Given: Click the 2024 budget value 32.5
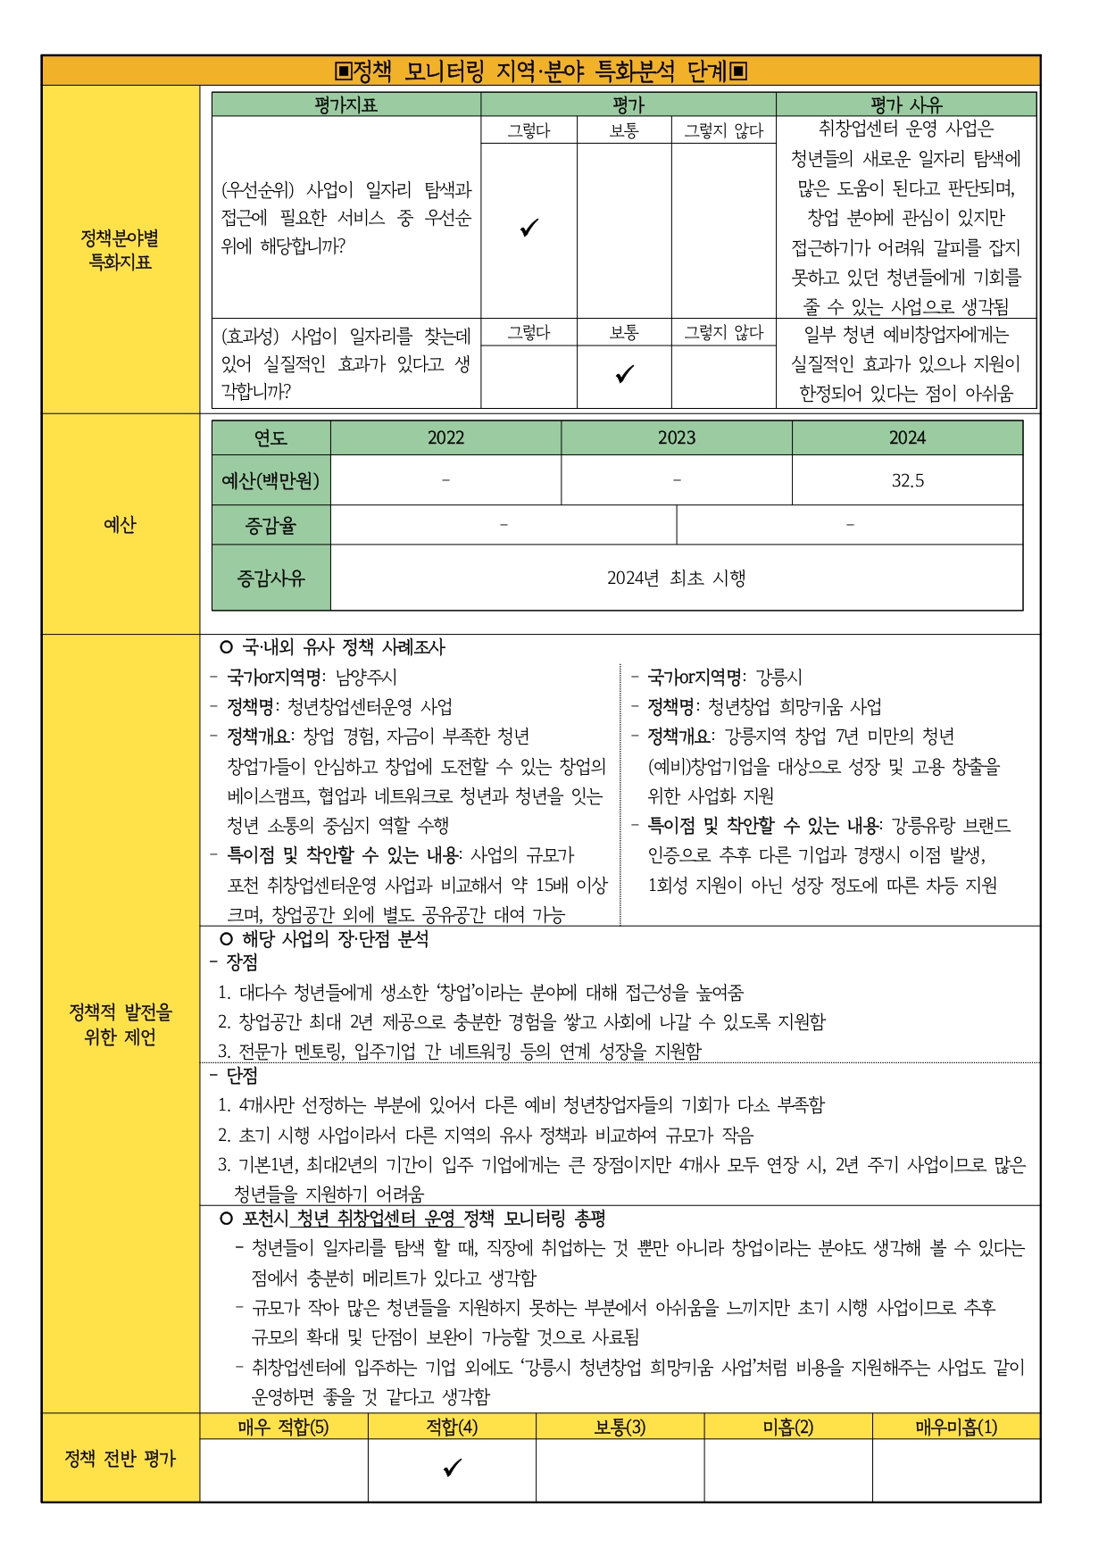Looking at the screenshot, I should click(907, 480).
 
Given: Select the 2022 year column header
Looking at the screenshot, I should click(445, 437).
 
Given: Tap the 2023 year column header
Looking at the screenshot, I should click(676, 437).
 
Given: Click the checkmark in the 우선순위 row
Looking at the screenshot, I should click(529, 228).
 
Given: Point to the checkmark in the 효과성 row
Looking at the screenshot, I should click(624, 374).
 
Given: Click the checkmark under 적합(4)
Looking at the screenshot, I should click(452, 1468).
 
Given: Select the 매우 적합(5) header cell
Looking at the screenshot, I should click(283, 1427).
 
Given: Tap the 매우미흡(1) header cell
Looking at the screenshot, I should click(956, 1427).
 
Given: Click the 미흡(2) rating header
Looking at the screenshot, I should click(787, 1427).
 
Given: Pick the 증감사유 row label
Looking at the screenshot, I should click(271, 579).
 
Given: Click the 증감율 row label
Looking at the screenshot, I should click(271, 526).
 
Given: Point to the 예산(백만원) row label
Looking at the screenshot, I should click(271, 480).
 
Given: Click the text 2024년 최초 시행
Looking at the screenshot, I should click(676, 579).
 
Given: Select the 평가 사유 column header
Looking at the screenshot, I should click(906, 104).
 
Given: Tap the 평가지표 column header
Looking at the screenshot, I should click(345, 104).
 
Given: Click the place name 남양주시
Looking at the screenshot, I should click(366, 678).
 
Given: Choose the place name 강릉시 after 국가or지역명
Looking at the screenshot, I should click(778, 678).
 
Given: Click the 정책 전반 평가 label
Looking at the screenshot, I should click(121, 1459).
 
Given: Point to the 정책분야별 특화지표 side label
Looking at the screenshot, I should click(121, 250).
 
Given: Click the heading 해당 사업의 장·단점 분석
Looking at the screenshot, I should click(335, 939).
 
